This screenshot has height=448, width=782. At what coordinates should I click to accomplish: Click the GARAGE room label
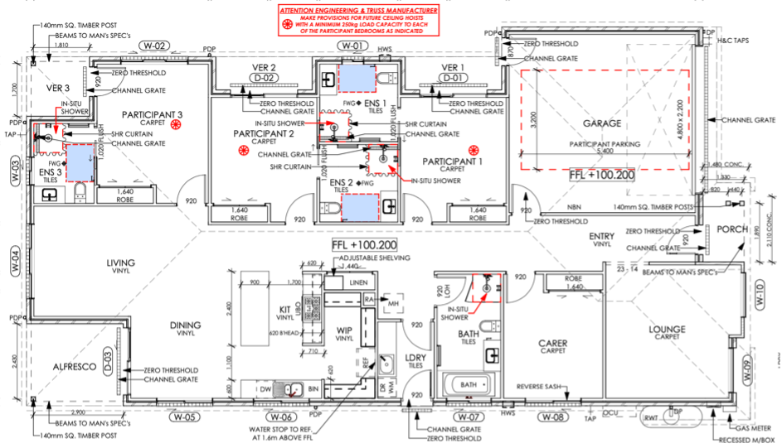point(602,123)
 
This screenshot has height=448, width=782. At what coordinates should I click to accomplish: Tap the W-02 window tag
point(154,46)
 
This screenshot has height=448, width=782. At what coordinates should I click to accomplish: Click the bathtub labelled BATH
point(469,385)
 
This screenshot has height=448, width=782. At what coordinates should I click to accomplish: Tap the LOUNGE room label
point(667,330)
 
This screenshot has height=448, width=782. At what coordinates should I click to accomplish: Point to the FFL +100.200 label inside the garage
point(601,176)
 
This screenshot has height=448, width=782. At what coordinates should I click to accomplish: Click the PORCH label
point(732,229)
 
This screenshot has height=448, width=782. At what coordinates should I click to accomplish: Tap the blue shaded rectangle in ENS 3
point(80,161)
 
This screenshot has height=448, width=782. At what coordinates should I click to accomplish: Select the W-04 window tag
point(15,263)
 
